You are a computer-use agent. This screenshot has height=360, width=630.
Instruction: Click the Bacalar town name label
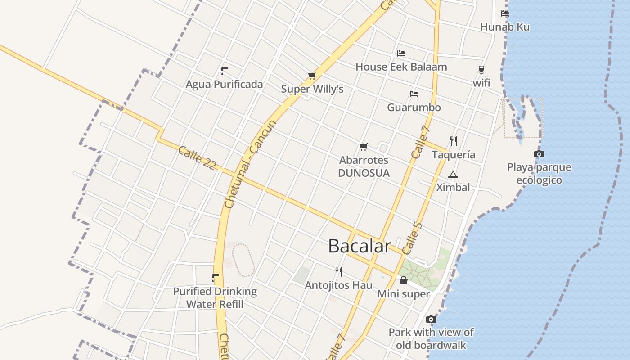coord(360,246)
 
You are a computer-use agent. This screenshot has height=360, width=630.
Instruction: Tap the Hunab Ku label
coord(505,27)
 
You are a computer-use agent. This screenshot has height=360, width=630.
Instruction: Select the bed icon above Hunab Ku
coord(505,13)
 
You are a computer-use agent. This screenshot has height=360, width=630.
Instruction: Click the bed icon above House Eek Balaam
coord(401,53)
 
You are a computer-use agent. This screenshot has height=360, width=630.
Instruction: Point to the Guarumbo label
coord(414,108)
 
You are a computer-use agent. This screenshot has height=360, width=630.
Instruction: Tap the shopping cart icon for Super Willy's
coord(312,76)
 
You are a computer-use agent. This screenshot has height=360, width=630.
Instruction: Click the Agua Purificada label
coord(224,84)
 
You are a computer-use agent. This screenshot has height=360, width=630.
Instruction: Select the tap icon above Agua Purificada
coord(224,71)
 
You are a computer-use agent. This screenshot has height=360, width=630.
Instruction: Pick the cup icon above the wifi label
coord(481,70)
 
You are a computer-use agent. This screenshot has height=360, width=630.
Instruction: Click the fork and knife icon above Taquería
coord(454,141)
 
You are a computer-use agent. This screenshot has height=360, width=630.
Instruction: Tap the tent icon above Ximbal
coord(453,175)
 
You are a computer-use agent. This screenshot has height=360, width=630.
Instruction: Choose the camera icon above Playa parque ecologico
coord(539,154)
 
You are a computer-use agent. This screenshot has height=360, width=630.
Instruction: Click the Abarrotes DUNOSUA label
coord(364,166)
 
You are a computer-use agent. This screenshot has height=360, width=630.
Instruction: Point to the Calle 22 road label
coord(197,157)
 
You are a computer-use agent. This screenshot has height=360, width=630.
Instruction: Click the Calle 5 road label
coord(412,238)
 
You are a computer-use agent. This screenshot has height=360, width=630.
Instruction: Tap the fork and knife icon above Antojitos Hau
coord(339,271)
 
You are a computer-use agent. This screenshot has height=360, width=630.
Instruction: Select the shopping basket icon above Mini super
coord(404,281)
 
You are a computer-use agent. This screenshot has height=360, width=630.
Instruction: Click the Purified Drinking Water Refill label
coord(215,298)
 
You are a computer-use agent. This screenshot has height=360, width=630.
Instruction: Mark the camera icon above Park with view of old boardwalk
coord(431,319)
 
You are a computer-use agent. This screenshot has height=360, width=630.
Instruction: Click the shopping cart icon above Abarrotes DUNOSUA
coord(364,147)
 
